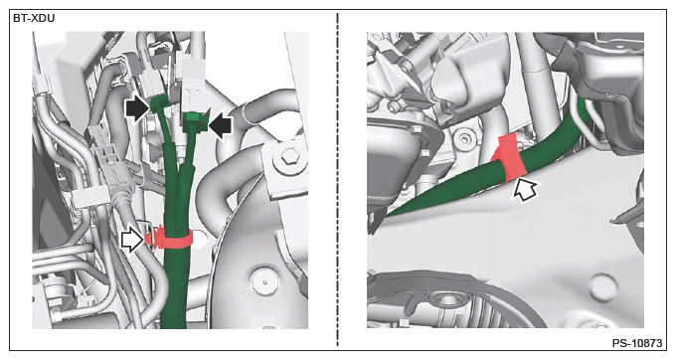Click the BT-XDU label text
tap(34, 19)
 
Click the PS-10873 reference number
tap(637, 343)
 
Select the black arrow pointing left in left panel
tap(220, 124)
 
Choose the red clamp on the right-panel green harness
tap(510, 158)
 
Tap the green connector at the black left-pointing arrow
tap(195, 120)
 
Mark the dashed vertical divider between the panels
tap(337, 179)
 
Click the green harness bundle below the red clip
tap(175, 288)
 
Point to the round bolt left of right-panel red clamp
tap(464, 139)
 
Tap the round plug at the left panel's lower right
tap(265, 281)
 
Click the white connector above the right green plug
tap(192, 85)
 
